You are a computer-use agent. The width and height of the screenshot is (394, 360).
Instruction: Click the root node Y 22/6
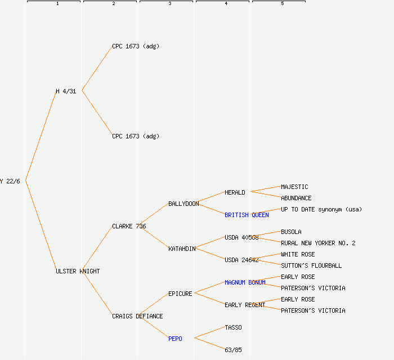pyautogui.click(x=10, y=181)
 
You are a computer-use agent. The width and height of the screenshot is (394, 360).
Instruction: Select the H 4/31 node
pyautogui.click(x=66, y=91)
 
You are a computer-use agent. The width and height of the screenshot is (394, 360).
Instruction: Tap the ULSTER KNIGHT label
pyautogui.click(x=78, y=271)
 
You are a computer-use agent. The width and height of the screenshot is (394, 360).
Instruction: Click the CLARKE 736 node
pyautogui.click(x=129, y=226)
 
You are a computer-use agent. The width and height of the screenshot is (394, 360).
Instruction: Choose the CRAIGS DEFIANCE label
pyautogui.click(x=137, y=316)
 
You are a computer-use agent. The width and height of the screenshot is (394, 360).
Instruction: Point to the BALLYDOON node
pyautogui.click(x=183, y=204)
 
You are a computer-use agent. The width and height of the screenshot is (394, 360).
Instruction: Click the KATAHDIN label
pyautogui.click(x=182, y=249)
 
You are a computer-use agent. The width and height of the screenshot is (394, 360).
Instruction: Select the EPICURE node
pyautogui.click(x=180, y=294)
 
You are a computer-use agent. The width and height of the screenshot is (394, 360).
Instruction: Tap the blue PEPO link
pyautogui.click(x=175, y=339)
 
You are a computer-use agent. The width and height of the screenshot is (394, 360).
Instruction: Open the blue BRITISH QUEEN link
pyautogui.click(x=247, y=215)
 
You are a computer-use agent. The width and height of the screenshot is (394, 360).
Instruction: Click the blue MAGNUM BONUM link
pyautogui.click(x=245, y=282)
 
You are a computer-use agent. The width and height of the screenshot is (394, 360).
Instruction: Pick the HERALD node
pyautogui.click(x=235, y=192)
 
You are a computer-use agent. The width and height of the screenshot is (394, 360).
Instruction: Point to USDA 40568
pyautogui.click(x=241, y=237)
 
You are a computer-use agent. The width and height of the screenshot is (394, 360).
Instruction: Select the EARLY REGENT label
pyautogui.click(x=245, y=305)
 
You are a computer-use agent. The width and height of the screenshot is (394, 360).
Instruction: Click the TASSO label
pyautogui.click(x=233, y=327)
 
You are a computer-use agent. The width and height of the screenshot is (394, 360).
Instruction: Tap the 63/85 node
pyautogui.click(x=233, y=350)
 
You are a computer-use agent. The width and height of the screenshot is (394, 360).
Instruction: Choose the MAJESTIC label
pyautogui.click(x=294, y=187)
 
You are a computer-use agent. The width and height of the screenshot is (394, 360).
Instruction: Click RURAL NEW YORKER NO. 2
pyautogui.click(x=318, y=243)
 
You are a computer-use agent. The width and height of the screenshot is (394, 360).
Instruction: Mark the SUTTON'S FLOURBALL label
pyautogui.click(x=311, y=265)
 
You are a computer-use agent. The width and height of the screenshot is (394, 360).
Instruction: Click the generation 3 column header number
pyautogui.click(x=169, y=4)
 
